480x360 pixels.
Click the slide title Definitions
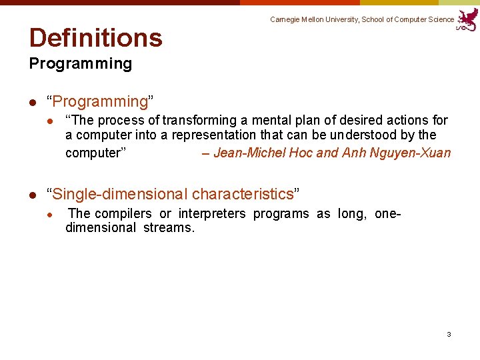(x=95, y=38)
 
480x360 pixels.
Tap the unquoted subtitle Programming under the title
(x=80, y=64)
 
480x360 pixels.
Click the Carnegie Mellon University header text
(x=361, y=20)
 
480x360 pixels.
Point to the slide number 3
(x=449, y=334)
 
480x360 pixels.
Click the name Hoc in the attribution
(x=301, y=153)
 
